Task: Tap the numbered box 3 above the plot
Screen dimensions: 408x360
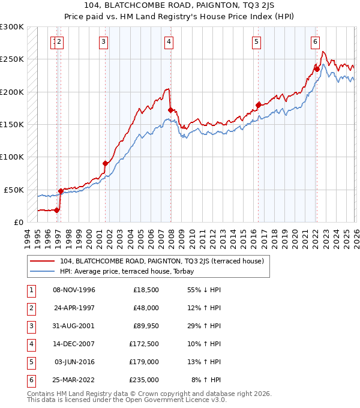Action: tap(104, 41)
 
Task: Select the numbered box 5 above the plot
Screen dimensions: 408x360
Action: tap(256, 41)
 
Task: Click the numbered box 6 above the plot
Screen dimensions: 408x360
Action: tap(315, 41)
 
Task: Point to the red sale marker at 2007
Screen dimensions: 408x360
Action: tap(170, 110)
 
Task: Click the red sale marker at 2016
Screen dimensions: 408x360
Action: tap(259, 105)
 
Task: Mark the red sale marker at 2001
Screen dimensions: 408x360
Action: tap(106, 163)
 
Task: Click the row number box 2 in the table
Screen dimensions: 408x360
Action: tap(31, 307)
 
